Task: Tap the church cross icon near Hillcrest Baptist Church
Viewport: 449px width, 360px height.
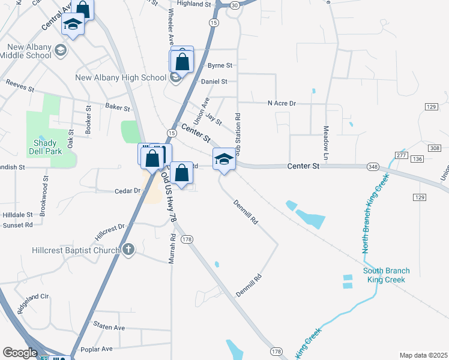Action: (x=128, y=250)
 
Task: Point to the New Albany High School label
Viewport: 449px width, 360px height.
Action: (x=121, y=77)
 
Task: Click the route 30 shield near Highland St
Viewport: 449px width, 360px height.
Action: (x=234, y=5)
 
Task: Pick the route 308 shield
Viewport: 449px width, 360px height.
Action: (x=435, y=148)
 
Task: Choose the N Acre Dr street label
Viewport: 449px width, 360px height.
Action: (x=282, y=103)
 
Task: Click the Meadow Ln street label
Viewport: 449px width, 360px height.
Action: (x=327, y=137)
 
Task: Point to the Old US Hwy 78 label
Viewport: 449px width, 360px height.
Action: (x=168, y=199)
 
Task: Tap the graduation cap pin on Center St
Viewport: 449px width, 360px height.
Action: (x=224, y=158)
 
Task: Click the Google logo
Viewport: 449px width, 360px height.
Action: (x=20, y=353)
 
